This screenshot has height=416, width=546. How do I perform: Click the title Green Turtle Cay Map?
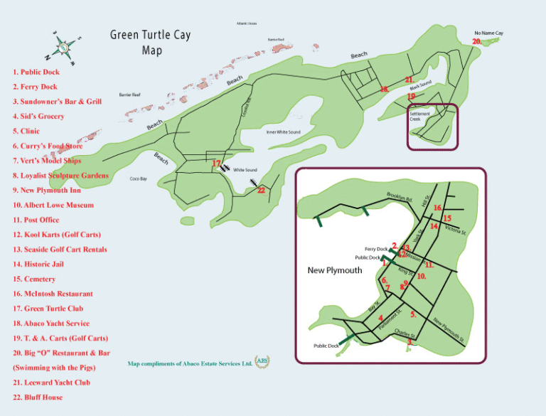click(x=150, y=42)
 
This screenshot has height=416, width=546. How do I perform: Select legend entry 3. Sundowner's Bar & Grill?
click(x=57, y=102)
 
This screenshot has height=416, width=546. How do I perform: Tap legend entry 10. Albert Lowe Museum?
click(x=53, y=205)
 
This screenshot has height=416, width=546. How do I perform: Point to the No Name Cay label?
click(x=488, y=33)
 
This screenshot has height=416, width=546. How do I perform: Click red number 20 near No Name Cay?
click(x=476, y=41)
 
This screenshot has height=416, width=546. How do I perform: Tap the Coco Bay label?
click(x=139, y=178)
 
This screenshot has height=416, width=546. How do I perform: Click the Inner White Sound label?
click(x=283, y=132)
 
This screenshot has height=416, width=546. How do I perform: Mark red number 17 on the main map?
click(x=217, y=164)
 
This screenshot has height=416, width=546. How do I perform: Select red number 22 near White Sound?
click(x=261, y=190)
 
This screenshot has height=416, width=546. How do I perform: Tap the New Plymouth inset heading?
click(x=335, y=270)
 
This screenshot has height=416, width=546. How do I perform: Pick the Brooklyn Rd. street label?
click(x=400, y=197)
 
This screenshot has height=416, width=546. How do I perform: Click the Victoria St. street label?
click(x=455, y=230)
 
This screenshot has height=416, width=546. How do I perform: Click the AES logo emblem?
click(x=262, y=361)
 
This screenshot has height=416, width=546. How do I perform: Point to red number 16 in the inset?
click(x=438, y=208)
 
